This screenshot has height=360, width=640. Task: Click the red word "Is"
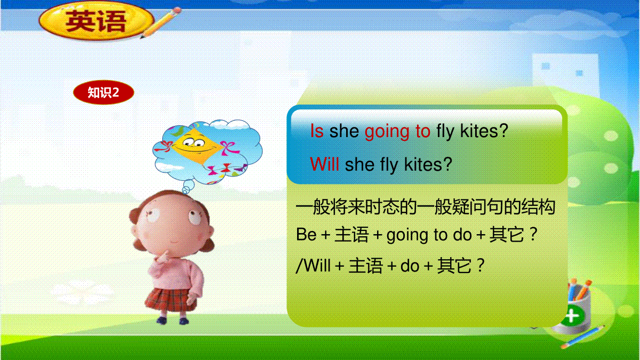[317, 131]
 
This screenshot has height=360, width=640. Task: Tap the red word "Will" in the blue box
[325, 165]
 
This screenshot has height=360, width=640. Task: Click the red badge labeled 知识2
[103, 92]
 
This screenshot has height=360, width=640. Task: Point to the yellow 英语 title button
[97, 21]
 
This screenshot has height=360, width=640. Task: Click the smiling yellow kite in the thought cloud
[197, 146]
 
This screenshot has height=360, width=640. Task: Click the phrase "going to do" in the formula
[429, 235]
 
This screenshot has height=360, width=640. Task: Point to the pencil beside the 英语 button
[162, 23]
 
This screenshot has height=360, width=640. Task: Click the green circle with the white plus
[571, 316]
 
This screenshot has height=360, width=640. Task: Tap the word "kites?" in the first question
[484, 131]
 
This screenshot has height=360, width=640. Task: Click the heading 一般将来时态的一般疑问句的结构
[426, 206]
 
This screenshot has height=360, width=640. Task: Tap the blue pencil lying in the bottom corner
[583, 337]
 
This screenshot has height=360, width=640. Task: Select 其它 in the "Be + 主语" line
[507, 235]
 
